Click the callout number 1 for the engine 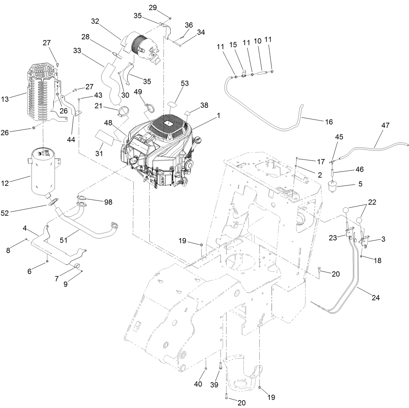(x=218, y=115)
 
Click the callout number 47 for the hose (x=385, y=126)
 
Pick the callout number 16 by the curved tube (x=329, y=122)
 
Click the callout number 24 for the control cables (x=376, y=297)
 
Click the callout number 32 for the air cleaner (x=95, y=21)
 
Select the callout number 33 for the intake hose (x=77, y=51)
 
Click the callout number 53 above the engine (x=185, y=83)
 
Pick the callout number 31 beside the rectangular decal (x=99, y=154)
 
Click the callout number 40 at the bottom (x=198, y=384)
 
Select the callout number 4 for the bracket (x=25, y=228)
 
